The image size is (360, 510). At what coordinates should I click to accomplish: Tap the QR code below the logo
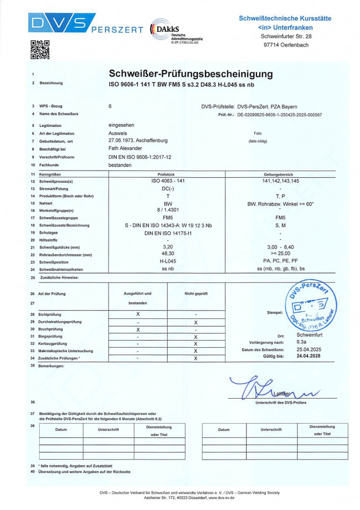tap(39, 49)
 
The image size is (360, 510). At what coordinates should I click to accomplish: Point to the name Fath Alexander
tap(125, 149)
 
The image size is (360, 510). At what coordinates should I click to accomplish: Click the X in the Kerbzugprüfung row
tap(196, 343)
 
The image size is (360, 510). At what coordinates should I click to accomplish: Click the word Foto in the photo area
tap(257, 133)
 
